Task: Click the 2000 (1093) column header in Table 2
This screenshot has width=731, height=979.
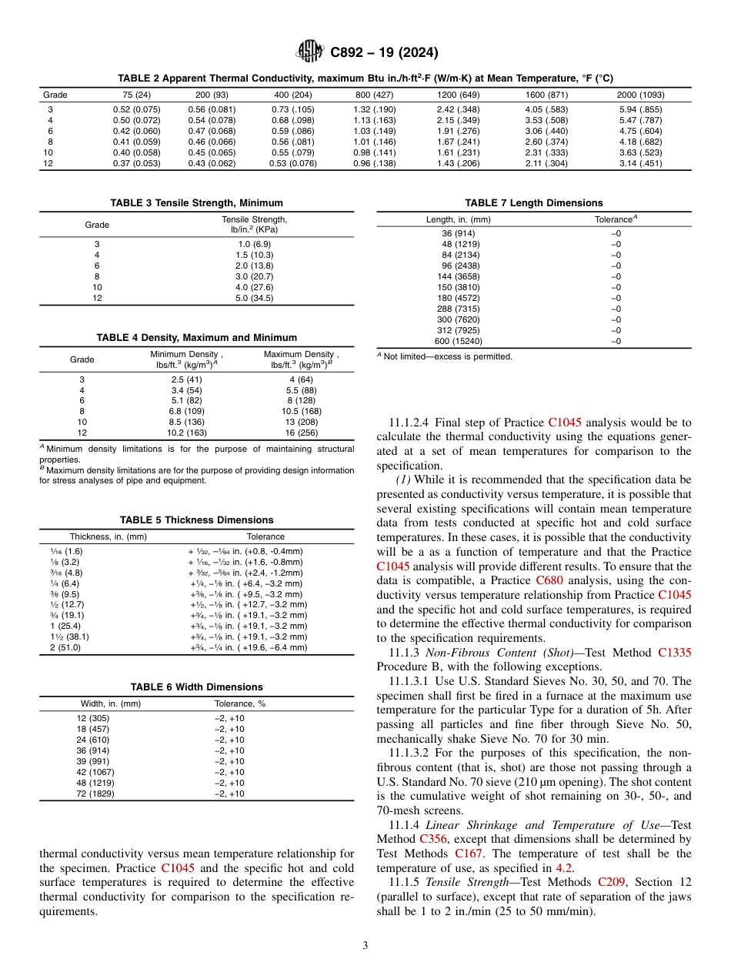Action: (640, 95)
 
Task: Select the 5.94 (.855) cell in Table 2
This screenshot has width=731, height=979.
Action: (640, 109)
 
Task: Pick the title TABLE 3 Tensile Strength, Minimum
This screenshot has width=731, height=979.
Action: (196, 203)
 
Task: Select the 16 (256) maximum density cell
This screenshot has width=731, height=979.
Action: (302, 433)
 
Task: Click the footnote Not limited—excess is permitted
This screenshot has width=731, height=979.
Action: (448, 356)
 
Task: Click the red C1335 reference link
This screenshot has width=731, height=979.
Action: (674, 653)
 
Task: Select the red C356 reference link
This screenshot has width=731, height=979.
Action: (433, 838)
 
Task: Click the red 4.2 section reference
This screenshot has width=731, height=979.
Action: (563, 867)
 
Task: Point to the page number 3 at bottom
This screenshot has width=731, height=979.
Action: (365, 944)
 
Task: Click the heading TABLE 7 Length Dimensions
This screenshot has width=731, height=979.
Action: (533, 203)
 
